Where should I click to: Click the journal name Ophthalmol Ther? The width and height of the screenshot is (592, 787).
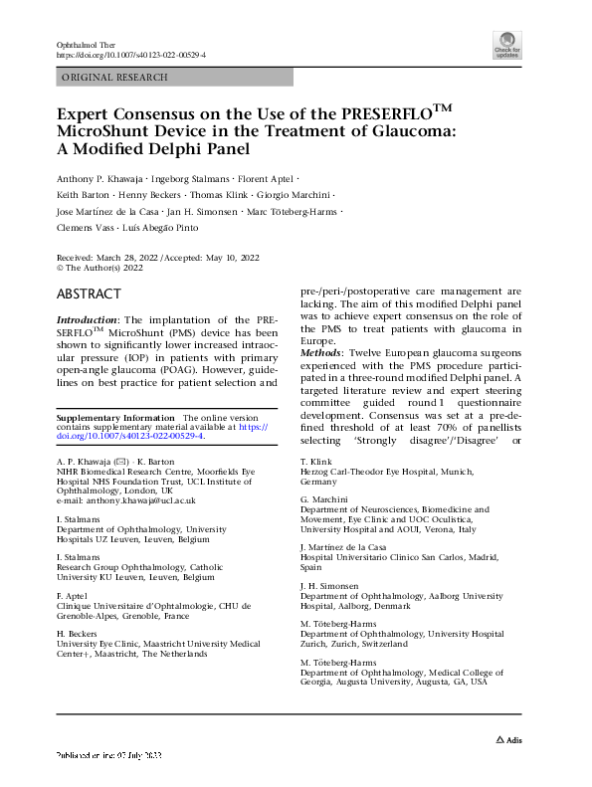tap(91, 46)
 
